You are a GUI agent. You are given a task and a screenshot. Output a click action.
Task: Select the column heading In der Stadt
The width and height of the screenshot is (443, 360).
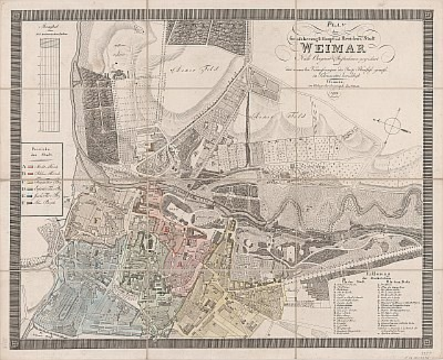(350, 281)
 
